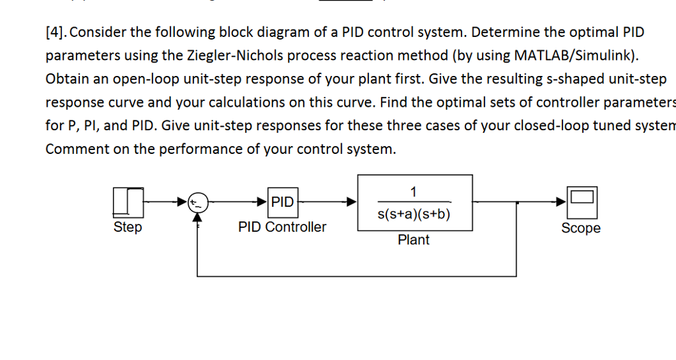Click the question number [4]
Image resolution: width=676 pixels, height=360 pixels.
pos(59,32)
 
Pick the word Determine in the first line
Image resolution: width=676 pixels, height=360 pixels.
pos(505,32)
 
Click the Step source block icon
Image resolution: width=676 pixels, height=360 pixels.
pos(128,202)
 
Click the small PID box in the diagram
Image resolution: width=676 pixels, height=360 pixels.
pos(283,202)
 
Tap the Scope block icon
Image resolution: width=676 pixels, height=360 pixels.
pos(582,202)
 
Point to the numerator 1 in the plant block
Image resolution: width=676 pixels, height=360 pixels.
pos(414,192)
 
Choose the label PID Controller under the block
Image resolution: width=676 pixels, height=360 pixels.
pos(282,227)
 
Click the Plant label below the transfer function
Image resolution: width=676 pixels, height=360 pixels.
pos(414,240)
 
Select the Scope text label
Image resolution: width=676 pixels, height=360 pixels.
pos(581,229)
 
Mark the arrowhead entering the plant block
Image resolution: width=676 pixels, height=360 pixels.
pos(353,202)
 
